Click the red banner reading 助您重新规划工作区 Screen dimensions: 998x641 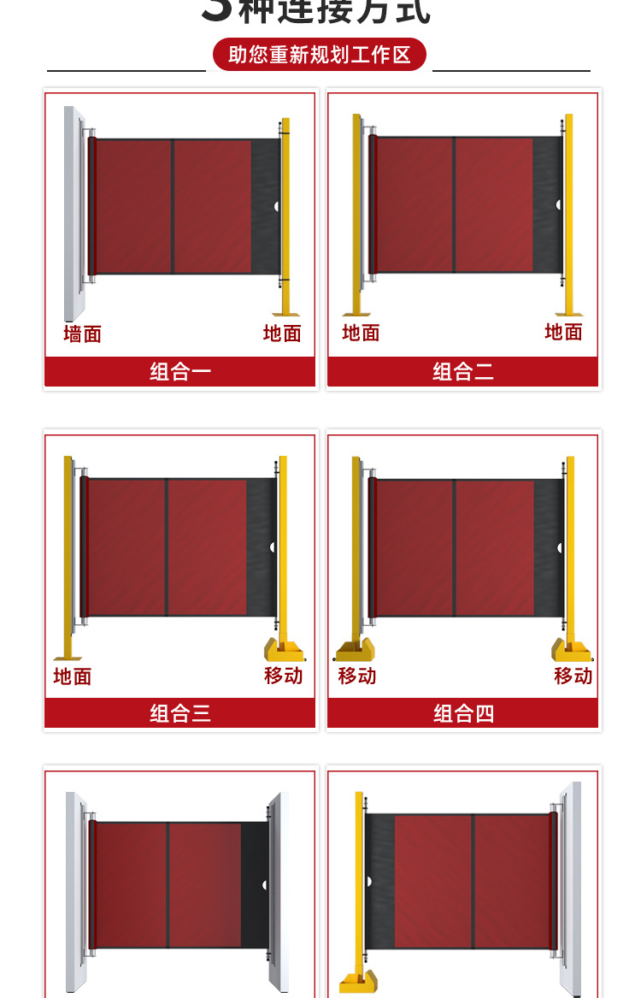click(x=319, y=55)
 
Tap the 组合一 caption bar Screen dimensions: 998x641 click(x=180, y=371)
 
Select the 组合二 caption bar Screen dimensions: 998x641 click(x=462, y=371)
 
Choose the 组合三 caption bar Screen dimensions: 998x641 click(x=180, y=713)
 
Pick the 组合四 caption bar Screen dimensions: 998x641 click(x=462, y=713)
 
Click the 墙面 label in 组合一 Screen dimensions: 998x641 click(x=82, y=334)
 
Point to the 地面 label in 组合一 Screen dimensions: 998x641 click(x=282, y=334)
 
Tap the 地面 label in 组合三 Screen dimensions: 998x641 click(x=72, y=676)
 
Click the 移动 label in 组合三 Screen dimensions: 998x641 click(x=283, y=675)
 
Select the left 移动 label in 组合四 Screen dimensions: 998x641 click(x=356, y=676)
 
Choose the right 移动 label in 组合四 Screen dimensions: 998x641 click(x=573, y=676)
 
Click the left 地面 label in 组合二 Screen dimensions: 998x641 click(x=361, y=333)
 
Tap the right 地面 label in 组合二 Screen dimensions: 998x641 click(x=563, y=332)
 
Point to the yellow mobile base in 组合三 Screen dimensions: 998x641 click(x=283, y=650)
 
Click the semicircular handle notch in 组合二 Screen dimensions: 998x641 click(x=559, y=205)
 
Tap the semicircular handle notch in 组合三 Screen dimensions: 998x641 click(x=273, y=546)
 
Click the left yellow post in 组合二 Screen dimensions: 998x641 click(x=356, y=214)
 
